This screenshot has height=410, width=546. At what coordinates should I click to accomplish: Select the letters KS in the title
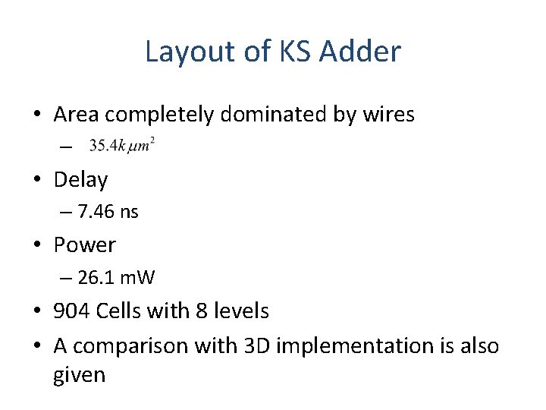coord(293,52)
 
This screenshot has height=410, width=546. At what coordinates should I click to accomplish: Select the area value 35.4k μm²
coord(122,144)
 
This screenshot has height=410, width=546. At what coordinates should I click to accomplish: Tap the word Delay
coord(81,180)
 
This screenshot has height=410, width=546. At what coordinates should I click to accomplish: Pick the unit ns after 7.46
coord(129,212)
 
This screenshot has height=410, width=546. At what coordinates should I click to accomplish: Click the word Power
coord(85,245)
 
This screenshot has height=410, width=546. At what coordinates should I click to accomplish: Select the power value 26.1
coord(96,278)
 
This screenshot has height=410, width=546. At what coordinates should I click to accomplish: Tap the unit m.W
coord(137,278)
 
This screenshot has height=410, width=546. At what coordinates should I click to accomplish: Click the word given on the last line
coord(80,375)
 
